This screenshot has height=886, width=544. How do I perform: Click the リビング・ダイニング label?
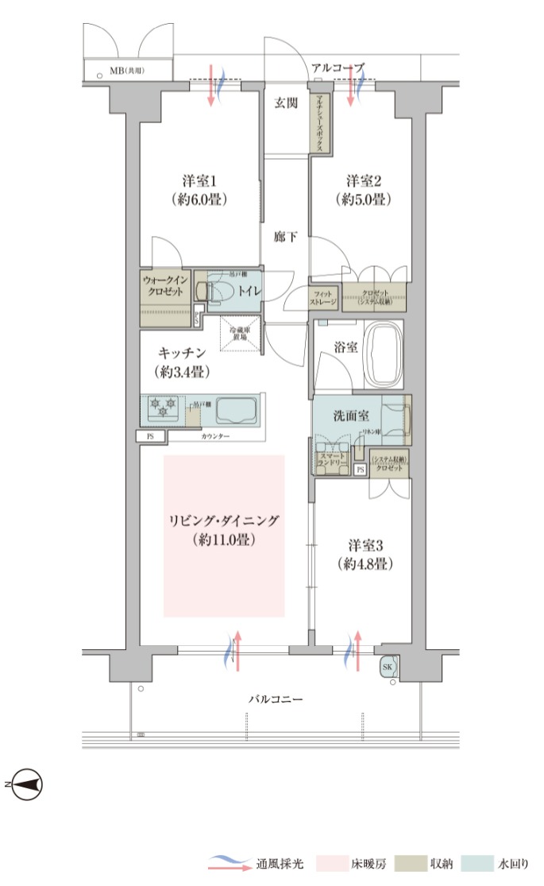pos(223,521)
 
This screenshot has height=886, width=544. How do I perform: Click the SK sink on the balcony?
pos(388,666)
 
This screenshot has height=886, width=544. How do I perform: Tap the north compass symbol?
pos(28,785)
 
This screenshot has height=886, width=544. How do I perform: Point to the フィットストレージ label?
pos(323,299)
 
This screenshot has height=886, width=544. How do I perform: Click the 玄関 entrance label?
pos(286,103)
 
